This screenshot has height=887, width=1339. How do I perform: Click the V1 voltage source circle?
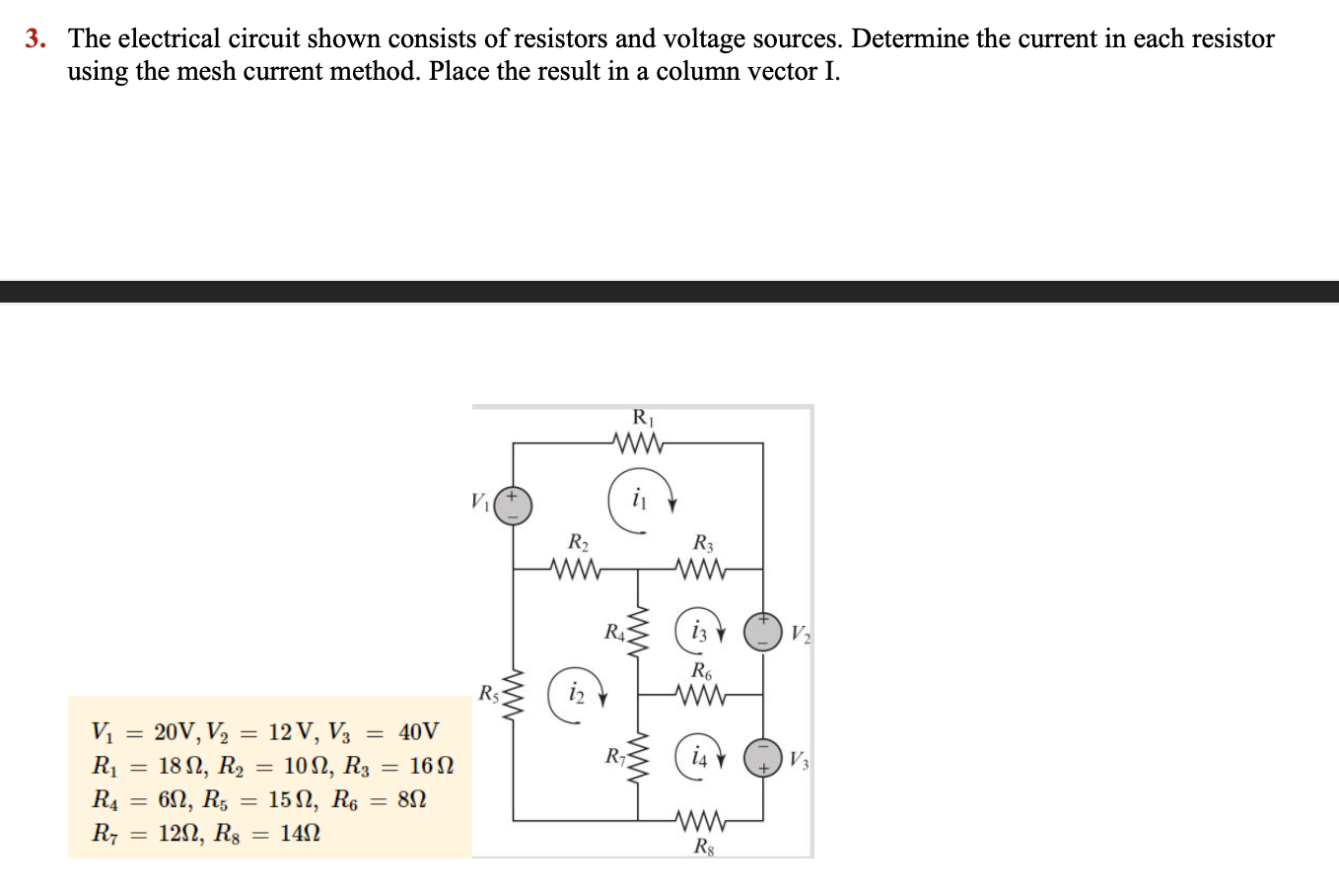click(x=513, y=506)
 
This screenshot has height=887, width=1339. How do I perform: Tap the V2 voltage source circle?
click(x=761, y=631)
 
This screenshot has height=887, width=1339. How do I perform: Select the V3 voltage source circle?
click(x=761, y=757)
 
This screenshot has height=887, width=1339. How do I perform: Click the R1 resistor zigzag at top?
click(x=639, y=443)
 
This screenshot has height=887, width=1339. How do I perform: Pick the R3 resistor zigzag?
click(x=702, y=569)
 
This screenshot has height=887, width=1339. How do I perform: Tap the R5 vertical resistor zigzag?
click(x=513, y=694)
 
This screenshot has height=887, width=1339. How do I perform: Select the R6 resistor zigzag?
click(x=702, y=695)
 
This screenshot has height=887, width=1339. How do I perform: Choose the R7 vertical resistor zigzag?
click(x=638, y=757)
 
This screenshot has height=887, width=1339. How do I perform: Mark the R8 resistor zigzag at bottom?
click(x=702, y=820)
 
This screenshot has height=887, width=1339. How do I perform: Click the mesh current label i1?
click(x=639, y=498)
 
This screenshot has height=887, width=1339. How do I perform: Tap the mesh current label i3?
click(x=699, y=631)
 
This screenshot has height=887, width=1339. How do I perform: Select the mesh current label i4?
click(x=699, y=757)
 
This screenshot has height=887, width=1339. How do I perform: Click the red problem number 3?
click(x=35, y=39)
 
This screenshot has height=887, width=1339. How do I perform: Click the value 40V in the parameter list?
click(x=419, y=732)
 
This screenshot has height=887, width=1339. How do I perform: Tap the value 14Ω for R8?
click(x=300, y=834)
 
